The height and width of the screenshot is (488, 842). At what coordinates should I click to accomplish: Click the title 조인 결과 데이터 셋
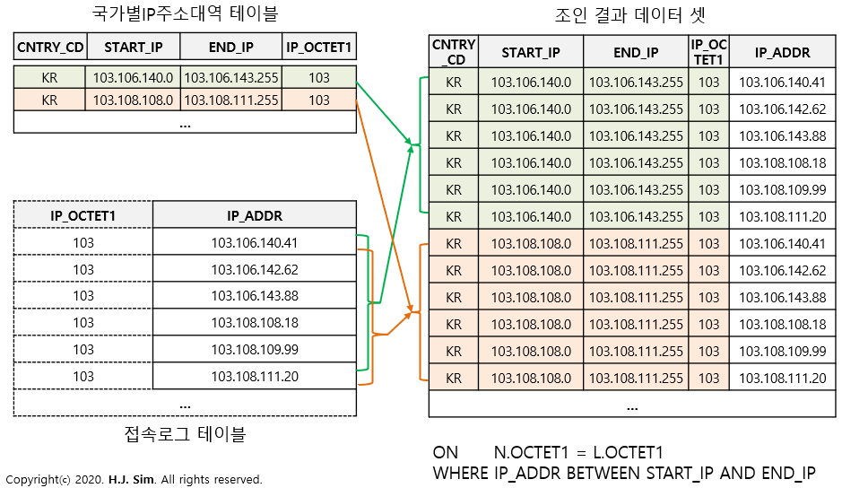[x=636, y=15]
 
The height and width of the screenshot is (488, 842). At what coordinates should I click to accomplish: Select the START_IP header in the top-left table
[x=133, y=47]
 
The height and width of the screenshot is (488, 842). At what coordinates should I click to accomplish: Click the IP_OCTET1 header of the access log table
[x=83, y=215]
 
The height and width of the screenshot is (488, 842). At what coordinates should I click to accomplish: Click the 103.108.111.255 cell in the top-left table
[x=231, y=100]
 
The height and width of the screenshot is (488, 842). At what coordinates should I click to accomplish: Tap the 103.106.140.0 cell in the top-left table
[x=133, y=78]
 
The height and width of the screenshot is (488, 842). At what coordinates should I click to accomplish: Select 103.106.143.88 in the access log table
[x=255, y=295]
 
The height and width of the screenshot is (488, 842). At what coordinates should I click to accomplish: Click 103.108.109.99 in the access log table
[x=255, y=349]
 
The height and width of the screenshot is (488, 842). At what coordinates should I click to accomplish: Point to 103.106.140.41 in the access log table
[x=255, y=242]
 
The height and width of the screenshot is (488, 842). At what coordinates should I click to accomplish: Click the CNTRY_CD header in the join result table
[x=454, y=51]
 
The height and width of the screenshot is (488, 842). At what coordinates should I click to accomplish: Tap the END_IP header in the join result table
[x=636, y=52]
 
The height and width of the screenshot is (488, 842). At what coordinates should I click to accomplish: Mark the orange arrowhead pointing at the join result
[x=412, y=311]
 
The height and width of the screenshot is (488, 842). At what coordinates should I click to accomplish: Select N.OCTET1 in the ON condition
[x=528, y=452]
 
